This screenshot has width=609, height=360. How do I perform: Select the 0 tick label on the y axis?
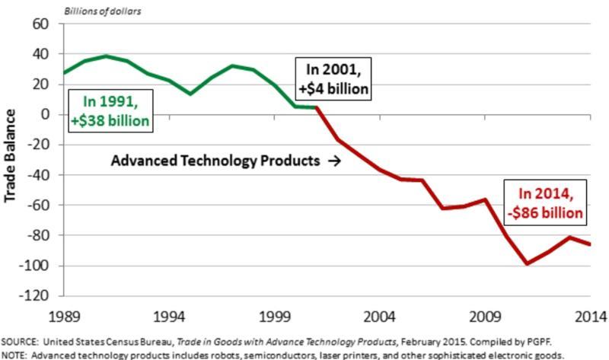click(46, 114)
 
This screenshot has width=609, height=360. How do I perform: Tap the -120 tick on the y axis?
click(35, 295)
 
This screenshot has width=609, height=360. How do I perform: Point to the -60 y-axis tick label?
click(38, 205)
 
